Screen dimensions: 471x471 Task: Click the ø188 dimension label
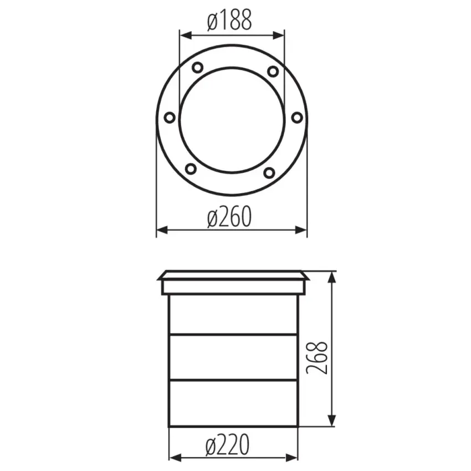pos(229,21)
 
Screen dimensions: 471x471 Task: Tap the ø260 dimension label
pos(229,216)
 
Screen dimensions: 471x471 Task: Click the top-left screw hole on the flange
pos(197,68)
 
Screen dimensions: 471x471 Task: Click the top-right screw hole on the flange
pos(273,71)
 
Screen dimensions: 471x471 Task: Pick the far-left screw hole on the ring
pos(170,117)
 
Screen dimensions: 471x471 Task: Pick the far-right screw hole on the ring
pos(297,117)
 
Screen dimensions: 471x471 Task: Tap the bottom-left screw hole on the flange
pos(190,168)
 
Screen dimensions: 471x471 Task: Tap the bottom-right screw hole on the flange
pos(269,173)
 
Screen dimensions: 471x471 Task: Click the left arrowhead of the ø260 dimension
pos(161,229)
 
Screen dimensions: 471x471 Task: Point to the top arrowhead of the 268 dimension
pos(332,277)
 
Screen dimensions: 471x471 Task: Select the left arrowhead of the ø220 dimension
pos(173,458)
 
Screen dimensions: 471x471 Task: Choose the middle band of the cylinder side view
pos(233,357)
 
